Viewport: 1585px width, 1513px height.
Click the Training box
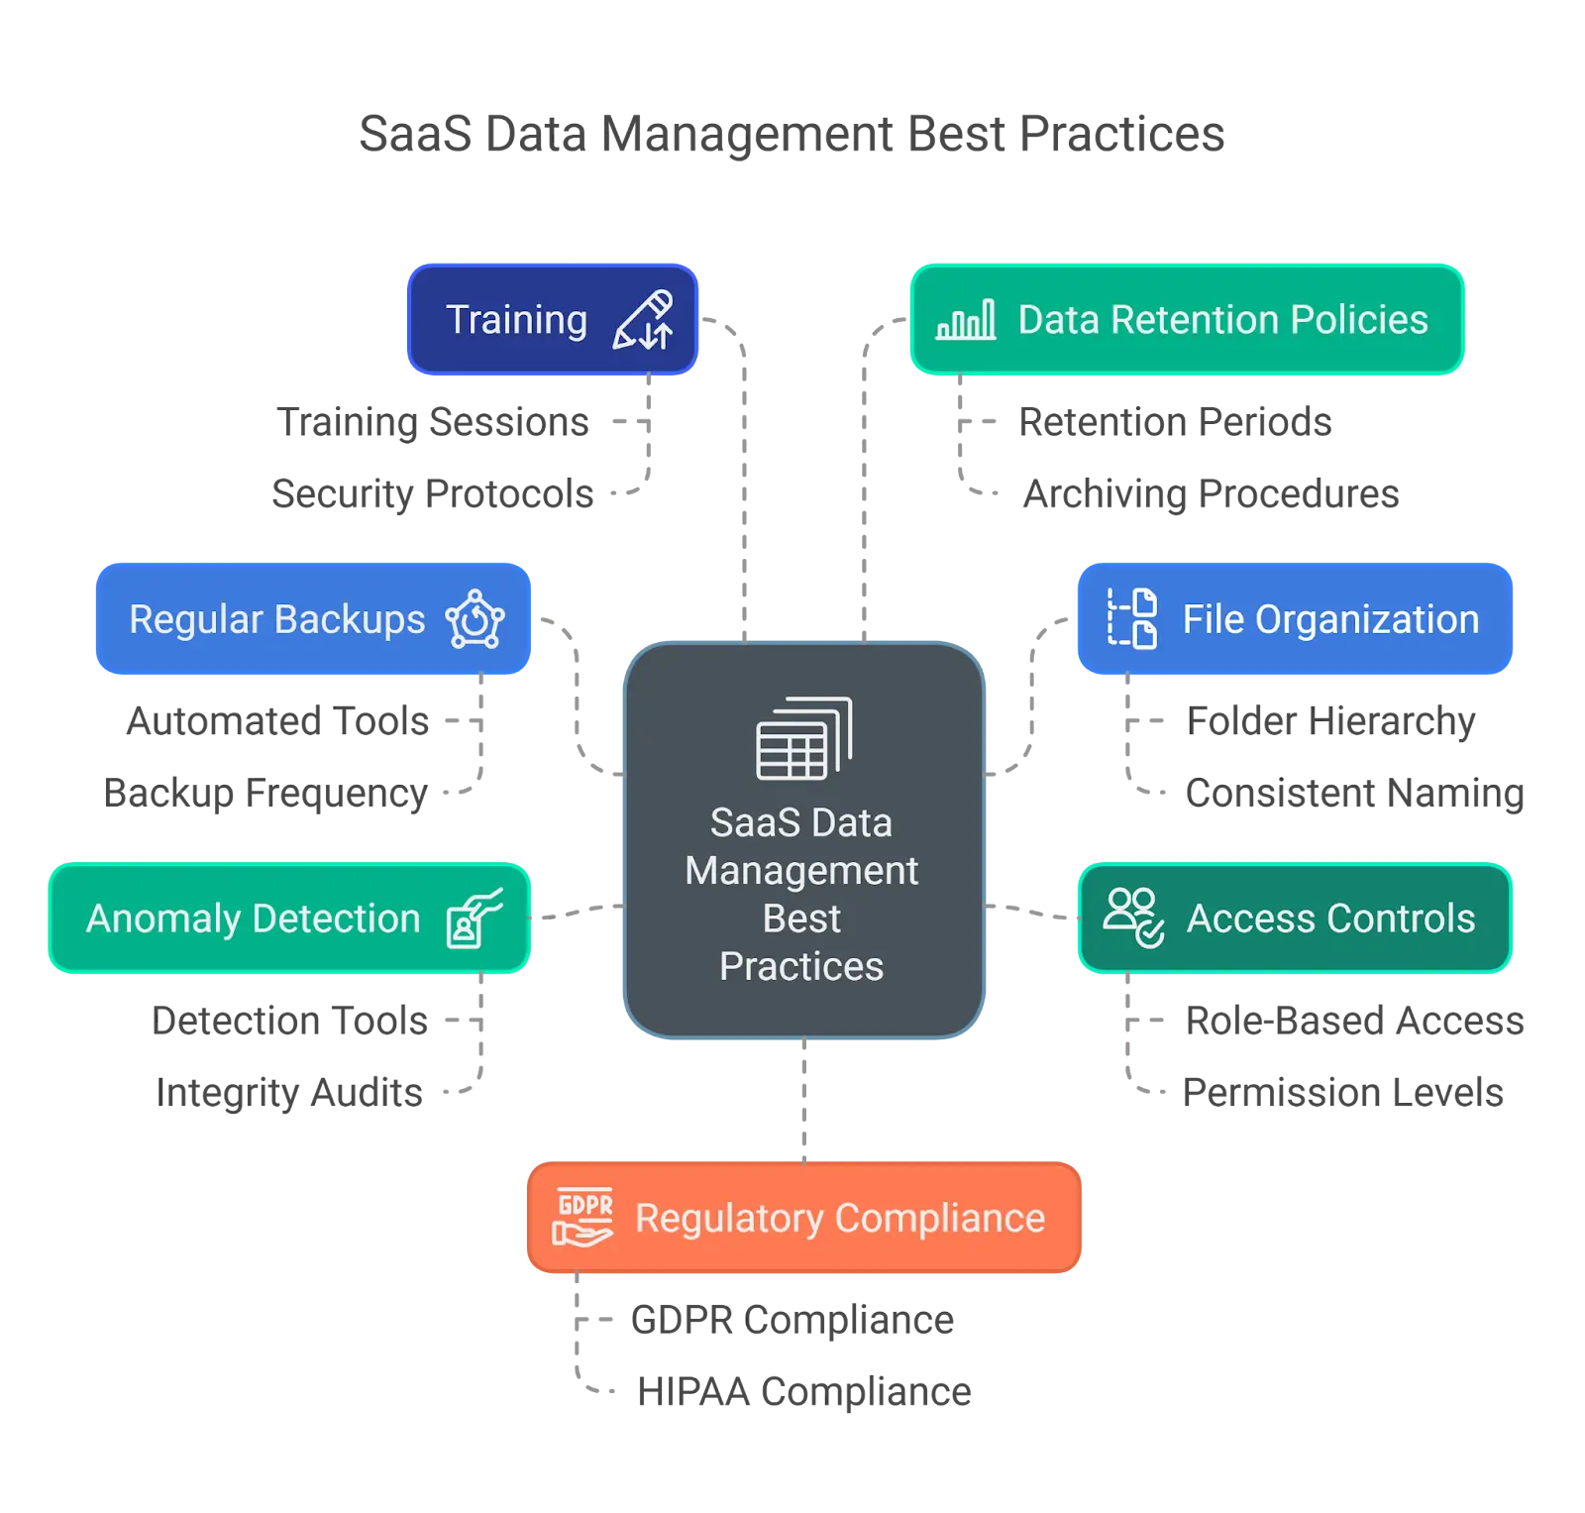pyautogui.click(x=551, y=320)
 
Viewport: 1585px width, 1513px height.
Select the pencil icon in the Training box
pyautogui.click(x=643, y=320)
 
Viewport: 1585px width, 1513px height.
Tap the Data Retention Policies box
pyautogui.click(x=1187, y=320)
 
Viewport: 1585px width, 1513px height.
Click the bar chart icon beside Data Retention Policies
pyautogui.click(x=966, y=320)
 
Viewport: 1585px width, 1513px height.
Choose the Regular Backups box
pyautogui.click(x=313, y=619)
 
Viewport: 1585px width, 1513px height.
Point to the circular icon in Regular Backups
pyautogui.click(x=475, y=620)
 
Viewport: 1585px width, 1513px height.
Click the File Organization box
pyautogui.click(x=1293, y=619)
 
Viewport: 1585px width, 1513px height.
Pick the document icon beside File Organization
pyautogui.click(x=1132, y=618)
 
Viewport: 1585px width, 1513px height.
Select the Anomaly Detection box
pyautogui.click(x=289, y=919)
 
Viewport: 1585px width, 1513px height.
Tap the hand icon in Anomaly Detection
pyautogui.click(x=475, y=919)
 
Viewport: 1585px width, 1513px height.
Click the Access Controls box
pyautogui.click(x=1294, y=919)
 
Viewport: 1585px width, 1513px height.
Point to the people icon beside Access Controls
pyautogui.click(x=1133, y=918)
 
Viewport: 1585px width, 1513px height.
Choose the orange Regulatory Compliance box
pyautogui.click(x=803, y=1218)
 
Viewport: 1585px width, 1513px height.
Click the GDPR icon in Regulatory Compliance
pyautogui.click(x=583, y=1217)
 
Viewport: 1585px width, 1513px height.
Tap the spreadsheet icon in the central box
pyautogui.click(x=803, y=739)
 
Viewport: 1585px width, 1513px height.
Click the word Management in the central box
pyautogui.click(x=801, y=871)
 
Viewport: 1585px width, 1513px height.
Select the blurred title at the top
pyautogui.click(x=792, y=136)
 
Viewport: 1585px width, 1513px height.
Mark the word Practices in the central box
pyautogui.click(x=801, y=967)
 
